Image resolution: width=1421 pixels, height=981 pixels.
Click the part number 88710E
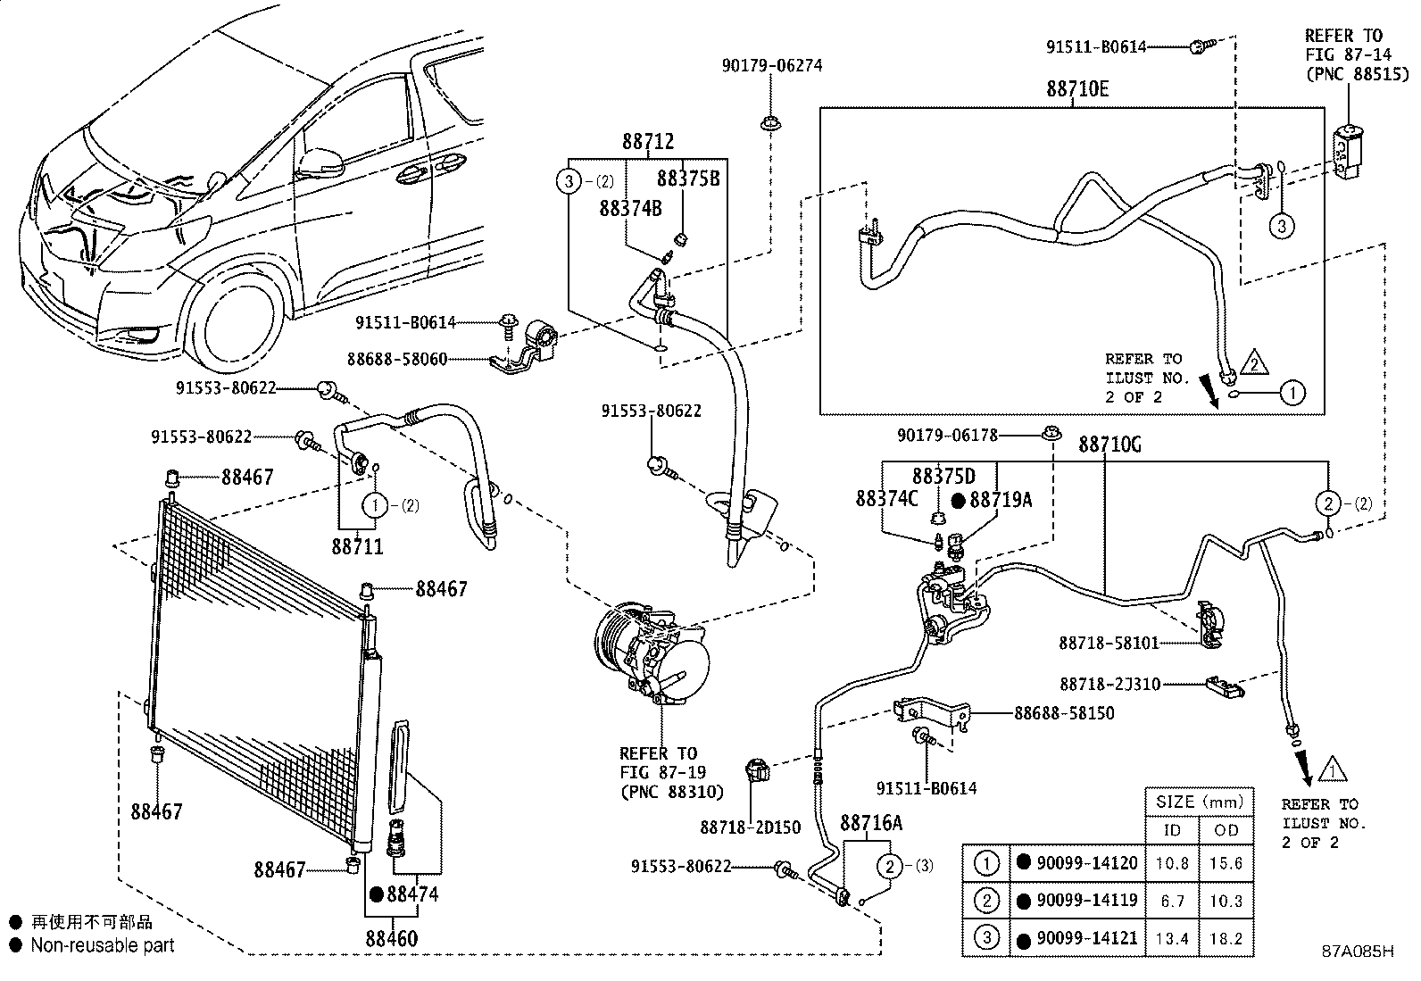tap(1078, 89)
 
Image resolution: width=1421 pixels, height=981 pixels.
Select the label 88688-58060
tap(397, 360)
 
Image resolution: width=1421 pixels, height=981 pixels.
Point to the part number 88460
tap(391, 938)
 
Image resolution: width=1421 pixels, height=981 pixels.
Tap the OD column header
tap(1226, 830)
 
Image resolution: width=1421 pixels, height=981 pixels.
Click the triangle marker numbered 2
tap(1253, 363)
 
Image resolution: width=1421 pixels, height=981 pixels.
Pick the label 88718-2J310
tap(1110, 685)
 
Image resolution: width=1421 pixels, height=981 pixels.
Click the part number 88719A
tap(1000, 500)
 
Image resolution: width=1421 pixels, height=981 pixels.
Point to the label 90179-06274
tap(772, 65)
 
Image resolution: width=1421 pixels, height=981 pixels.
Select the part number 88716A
tap(871, 823)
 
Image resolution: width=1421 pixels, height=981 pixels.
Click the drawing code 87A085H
tap(1358, 952)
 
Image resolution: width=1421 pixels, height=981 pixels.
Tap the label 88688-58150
tap(1064, 713)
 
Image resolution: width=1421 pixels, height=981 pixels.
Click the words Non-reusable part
tap(103, 945)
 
